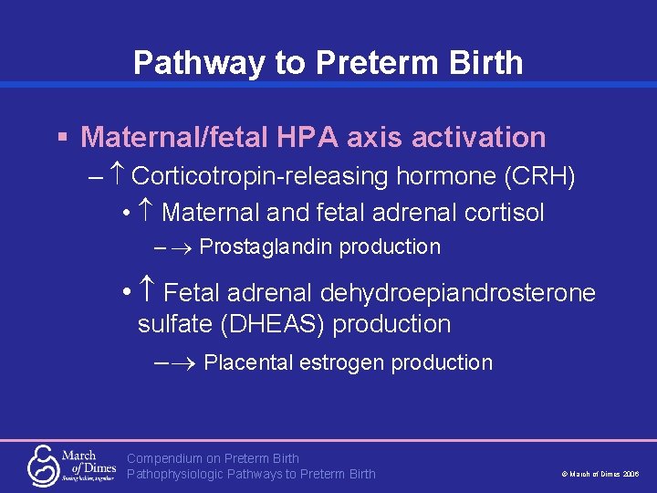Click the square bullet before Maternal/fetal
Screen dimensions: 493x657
62,138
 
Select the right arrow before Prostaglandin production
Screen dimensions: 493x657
183,247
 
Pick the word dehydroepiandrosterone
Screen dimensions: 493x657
457,293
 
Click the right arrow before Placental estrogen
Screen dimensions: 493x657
186,363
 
